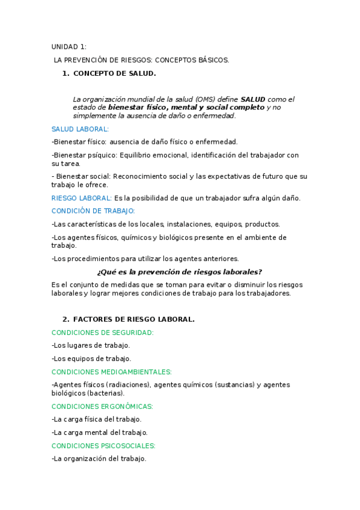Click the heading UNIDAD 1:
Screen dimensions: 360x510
(x=69, y=47)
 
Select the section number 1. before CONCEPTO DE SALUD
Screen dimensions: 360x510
(x=66, y=73)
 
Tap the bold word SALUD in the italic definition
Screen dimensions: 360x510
(x=253, y=99)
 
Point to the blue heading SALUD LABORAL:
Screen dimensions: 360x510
(x=80, y=129)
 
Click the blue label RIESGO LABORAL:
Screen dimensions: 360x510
(x=82, y=198)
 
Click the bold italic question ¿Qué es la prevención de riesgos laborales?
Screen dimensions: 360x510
(x=180, y=272)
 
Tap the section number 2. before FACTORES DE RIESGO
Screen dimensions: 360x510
(x=66, y=319)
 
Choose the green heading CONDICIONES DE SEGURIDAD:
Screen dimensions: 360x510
(x=103, y=333)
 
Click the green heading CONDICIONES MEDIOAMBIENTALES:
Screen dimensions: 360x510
(x=112, y=372)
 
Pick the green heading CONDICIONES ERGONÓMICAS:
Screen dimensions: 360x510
(x=102, y=406)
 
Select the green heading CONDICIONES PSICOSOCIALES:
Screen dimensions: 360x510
(x=103, y=446)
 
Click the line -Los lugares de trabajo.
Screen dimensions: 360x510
(x=91, y=345)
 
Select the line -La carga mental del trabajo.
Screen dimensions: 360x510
(x=100, y=432)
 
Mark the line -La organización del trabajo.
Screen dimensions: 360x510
(x=99, y=458)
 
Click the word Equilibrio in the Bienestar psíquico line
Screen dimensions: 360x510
(x=135, y=155)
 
